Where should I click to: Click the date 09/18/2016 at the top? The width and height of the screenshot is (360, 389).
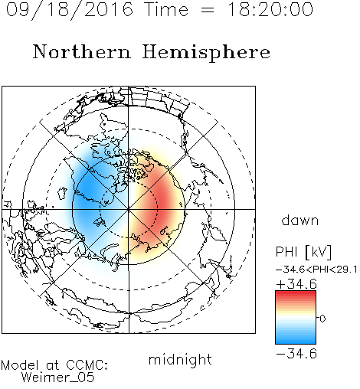click(70, 9)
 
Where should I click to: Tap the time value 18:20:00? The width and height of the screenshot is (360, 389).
click(270, 9)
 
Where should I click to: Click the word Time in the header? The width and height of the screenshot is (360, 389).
click(166, 9)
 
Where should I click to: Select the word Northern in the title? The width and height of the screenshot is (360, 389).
click(81, 51)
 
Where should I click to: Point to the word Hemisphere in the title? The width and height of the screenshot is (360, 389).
click(206, 53)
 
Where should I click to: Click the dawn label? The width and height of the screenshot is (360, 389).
click(300, 220)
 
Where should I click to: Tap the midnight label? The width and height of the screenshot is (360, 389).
click(180, 359)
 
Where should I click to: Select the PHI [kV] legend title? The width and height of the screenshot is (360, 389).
click(303, 252)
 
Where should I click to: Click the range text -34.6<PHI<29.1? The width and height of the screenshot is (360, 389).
click(316, 270)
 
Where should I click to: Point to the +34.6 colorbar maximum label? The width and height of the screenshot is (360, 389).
click(296, 284)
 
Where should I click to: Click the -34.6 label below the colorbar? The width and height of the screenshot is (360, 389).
click(296, 354)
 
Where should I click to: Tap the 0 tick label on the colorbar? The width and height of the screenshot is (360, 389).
click(322, 319)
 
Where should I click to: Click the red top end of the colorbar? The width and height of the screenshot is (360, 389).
click(296, 293)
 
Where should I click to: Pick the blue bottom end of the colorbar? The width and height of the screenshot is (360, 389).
click(296, 342)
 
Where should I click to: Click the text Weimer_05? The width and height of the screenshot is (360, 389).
click(58, 377)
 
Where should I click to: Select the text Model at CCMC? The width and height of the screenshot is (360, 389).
click(54, 365)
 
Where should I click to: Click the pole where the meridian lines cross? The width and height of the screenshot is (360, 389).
click(129, 209)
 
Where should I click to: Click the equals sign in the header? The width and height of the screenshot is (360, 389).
click(207, 11)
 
